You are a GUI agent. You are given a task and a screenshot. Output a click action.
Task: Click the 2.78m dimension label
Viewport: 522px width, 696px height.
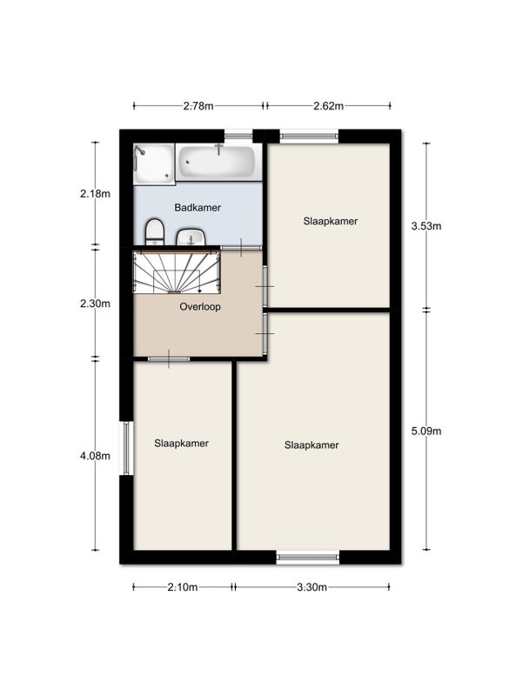pyautogui.click(x=198, y=105)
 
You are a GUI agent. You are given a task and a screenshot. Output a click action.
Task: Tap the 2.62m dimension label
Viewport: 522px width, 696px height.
pyautogui.click(x=329, y=105)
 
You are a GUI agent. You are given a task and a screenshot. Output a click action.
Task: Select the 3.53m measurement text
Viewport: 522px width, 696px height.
pyautogui.click(x=426, y=226)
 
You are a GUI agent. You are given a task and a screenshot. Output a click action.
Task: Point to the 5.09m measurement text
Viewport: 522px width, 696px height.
pyautogui.click(x=426, y=431)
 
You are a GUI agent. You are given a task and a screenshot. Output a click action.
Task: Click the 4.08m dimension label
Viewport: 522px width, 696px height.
pyautogui.click(x=95, y=456)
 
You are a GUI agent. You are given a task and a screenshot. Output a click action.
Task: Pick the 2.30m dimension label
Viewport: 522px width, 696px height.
pyautogui.click(x=95, y=304)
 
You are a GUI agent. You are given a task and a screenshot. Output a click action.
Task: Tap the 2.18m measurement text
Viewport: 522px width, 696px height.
pyautogui.click(x=95, y=193)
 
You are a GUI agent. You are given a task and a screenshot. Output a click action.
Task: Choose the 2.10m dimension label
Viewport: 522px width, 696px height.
pyautogui.click(x=183, y=587)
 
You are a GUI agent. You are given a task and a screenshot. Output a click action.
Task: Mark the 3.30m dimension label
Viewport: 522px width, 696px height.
pyautogui.click(x=312, y=587)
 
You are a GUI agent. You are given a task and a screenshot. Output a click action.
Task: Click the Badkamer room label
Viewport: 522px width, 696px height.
pyautogui.click(x=197, y=207)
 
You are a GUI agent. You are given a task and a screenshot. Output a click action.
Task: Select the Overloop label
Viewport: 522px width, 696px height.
pyautogui.click(x=200, y=307)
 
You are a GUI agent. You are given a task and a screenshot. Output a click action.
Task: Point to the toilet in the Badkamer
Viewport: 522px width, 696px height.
pyautogui.click(x=155, y=231)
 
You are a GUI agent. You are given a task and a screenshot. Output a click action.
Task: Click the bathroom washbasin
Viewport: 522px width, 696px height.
pyautogui.click(x=191, y=237)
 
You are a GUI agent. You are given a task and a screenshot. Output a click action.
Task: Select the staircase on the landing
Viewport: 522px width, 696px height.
pyautogui.click(x=177, y=272)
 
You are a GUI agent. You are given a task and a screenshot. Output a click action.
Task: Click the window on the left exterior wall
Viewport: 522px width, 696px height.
pyautogui.click(x=127, y=448)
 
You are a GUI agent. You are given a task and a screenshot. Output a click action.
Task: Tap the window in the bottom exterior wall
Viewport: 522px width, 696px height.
pyautogui.click(x=308, y=557)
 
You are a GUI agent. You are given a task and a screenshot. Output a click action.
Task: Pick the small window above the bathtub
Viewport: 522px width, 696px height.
pyautogui.click(x=238, y=136)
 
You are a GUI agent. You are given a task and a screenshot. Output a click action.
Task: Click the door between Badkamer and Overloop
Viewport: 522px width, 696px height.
pyautogui.click(x=241, y=247)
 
